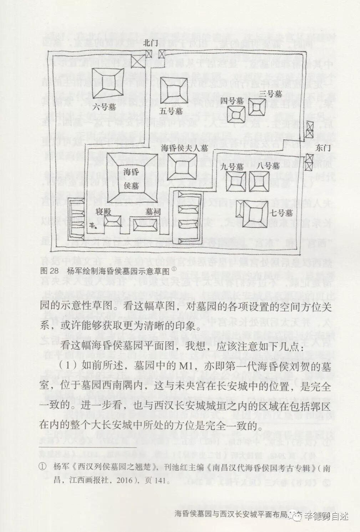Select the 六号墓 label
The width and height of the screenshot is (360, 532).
pos(105,106)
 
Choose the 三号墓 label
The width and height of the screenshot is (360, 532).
pos(271,94)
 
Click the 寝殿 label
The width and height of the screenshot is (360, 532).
pos(103,212)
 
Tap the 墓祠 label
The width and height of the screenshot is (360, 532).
pos(152,212)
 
